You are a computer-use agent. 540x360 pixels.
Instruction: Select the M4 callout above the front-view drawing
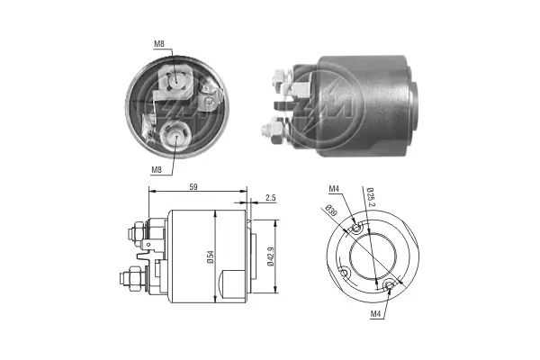(334, 188)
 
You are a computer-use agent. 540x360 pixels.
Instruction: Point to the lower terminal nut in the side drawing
(136, 281)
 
